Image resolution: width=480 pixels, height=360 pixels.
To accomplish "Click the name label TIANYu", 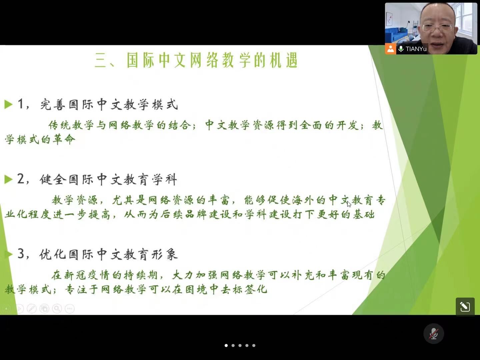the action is pyautogui.click(x=416, y=49).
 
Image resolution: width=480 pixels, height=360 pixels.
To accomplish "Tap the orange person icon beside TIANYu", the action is pyautogui.click(x=391, y=49).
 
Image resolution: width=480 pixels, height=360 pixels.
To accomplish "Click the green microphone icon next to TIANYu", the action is pyautogui.click(x=401, y=49).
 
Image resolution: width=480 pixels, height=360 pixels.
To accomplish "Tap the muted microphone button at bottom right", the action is pyautogui.click(x=433, y=334).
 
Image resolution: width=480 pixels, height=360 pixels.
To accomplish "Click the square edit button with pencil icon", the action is pyautogui.click(x=465, y=307).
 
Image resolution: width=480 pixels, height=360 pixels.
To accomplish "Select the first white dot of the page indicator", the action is pyautogui.click(x=226, y=345).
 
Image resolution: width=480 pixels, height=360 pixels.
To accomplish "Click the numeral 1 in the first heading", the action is pyautogui.click(x=21, y=104).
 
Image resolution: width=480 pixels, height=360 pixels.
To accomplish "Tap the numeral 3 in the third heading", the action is pyautogui.click(x=21, y=254).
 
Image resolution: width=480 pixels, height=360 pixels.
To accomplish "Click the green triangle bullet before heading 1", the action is pyautogui.click(x=8, y=104).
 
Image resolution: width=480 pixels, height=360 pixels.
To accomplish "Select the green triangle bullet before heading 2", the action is pyautogui.click(x=8, y=179).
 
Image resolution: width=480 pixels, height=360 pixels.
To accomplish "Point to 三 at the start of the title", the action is pyautogui.click(x=100, y=61).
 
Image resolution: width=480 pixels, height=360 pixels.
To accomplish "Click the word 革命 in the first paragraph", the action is pyautogui.click(x=64, y=139).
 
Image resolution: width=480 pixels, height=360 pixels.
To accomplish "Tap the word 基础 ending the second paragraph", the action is pyautogui.click(x=364, y=214).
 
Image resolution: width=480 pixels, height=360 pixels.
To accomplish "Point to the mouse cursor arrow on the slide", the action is pyautogui.click(x=349, y=204).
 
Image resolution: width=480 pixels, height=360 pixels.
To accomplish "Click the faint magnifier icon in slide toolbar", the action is pyautogui.click(x=57, y=309).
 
